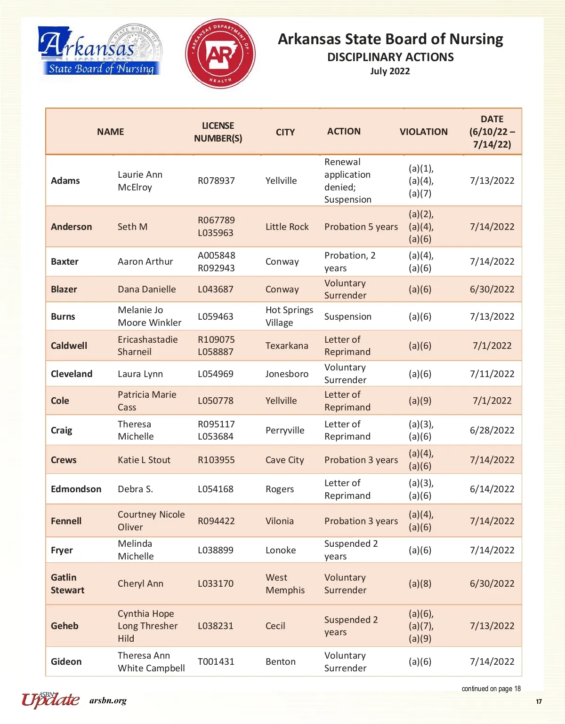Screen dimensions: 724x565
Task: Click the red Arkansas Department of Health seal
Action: click(x=220, y=54)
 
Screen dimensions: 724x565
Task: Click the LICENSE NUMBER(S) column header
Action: click(x=218, y=132)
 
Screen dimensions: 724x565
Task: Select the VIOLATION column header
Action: click(x=423, y=132)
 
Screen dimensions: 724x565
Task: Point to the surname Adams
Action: click(x=65, y=181)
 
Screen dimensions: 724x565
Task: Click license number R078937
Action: click(x=216, y=181)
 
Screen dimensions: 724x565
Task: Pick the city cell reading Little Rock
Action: click(x=287, y=227)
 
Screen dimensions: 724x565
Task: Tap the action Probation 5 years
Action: click(x=361, y=227)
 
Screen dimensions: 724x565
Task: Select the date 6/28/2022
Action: click(x=492, y=431)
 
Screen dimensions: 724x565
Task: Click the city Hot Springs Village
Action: click(x=289, y=316)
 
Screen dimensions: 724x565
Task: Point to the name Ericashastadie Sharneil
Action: click(x=147, y=346)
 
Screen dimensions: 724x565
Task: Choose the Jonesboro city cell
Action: click(x=287, y=374)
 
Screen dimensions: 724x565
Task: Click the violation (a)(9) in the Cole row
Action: click(x=420, y=401)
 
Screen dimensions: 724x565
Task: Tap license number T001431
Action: click(x=216, y=662)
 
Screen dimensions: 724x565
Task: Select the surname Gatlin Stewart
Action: click(x=67, y=584)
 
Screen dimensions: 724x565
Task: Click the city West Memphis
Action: click(x=285, y=584)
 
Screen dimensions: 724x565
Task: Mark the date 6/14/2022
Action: click(x=492, y=489)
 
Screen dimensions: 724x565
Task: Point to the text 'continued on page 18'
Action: click(x=491, y=689)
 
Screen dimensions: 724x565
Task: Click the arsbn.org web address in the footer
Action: click(x=108, y=701)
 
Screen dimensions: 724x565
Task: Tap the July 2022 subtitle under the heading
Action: click(x=390, y=71)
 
